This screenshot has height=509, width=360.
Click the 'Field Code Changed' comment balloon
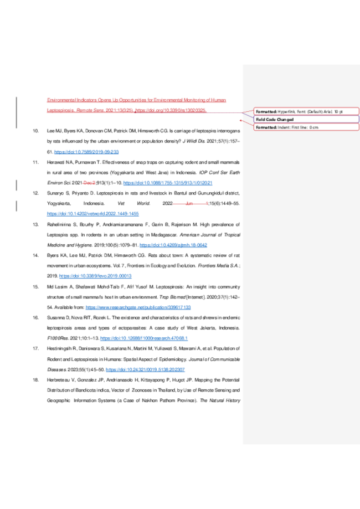point(306,120)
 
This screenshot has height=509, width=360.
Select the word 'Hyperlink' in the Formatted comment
point(287,112)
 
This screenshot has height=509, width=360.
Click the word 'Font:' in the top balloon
point(302,112)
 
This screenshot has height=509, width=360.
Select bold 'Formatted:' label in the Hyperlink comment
point(266,112)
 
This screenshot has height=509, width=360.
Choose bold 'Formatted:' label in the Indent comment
point(266,127)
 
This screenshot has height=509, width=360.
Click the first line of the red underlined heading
point(136,100)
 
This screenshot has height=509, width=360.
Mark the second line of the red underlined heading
point(126,110)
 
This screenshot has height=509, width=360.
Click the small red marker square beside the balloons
point(241,120)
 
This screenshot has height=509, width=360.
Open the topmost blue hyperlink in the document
point(86,152)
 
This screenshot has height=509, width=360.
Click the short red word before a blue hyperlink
point(89,183)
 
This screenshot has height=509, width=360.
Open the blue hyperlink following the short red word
point(167,183)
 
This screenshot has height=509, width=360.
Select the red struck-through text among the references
point(190,204)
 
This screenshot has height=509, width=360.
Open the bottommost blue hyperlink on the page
point(145,369)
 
